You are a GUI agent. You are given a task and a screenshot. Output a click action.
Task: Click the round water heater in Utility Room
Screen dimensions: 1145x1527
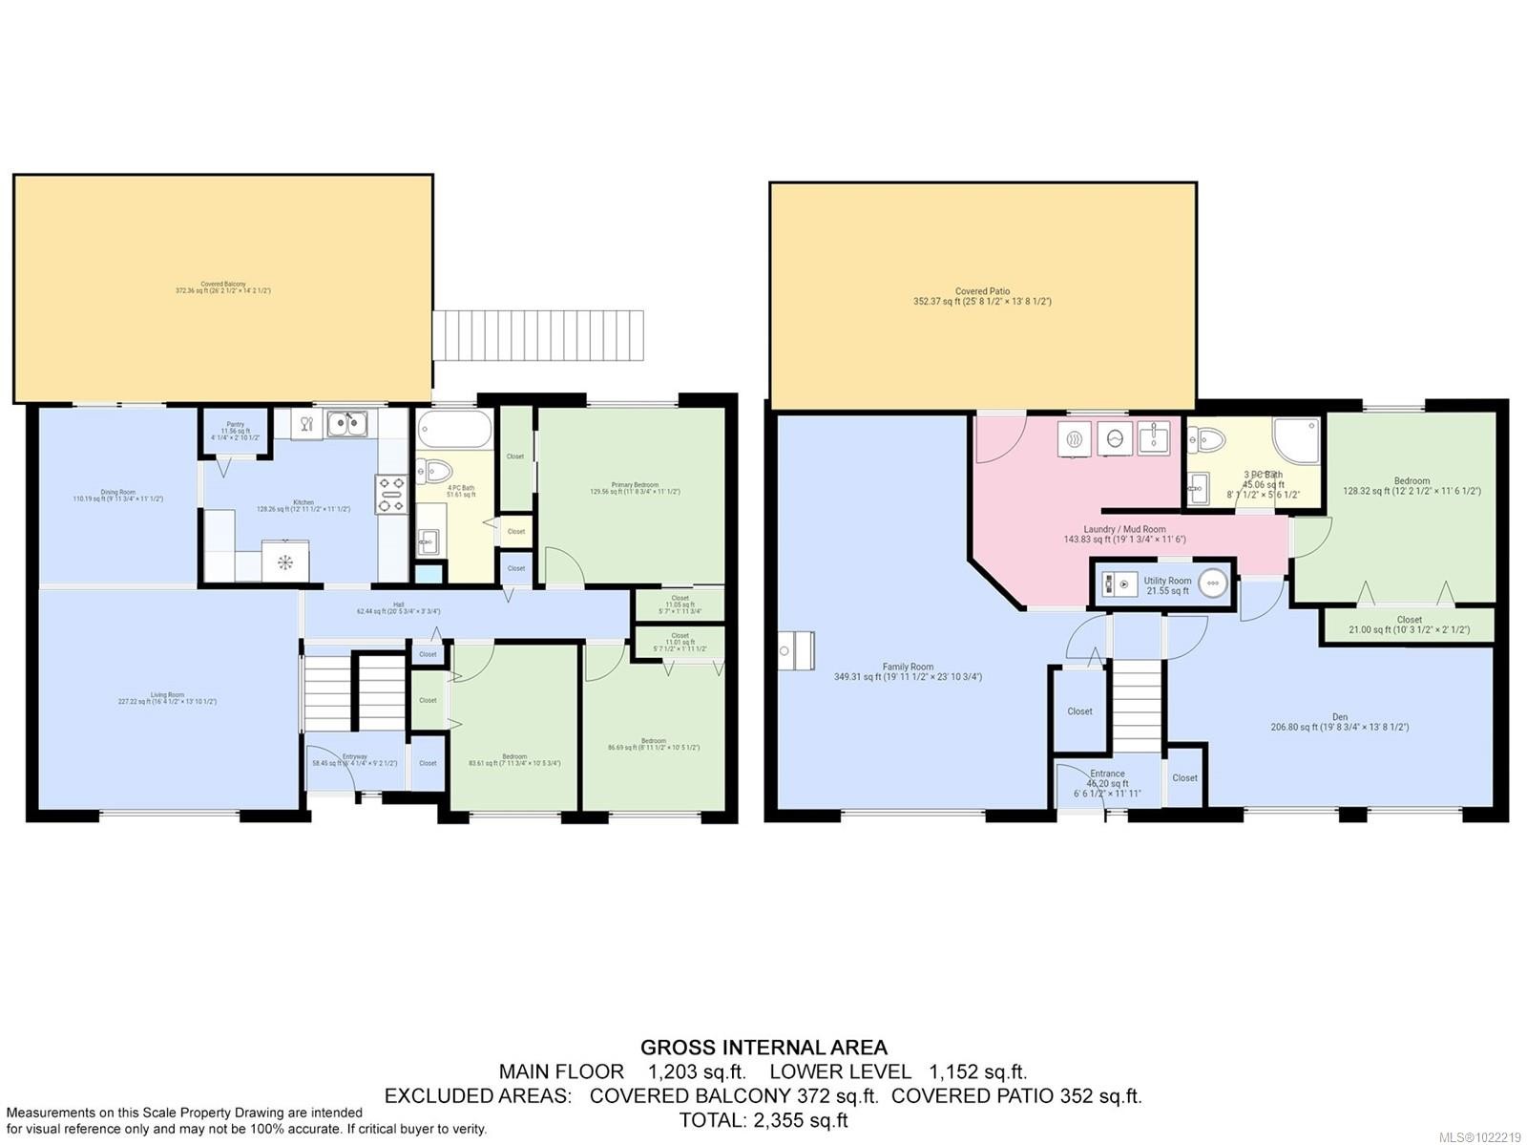click(1212, 583)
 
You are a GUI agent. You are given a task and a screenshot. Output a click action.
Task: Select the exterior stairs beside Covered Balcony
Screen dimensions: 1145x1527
click(538, 335)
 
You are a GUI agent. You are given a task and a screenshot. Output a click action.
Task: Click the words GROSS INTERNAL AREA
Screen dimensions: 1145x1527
click(763, 1048)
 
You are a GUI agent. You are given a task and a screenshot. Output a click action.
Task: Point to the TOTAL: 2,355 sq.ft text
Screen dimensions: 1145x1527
click(763, 1120)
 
